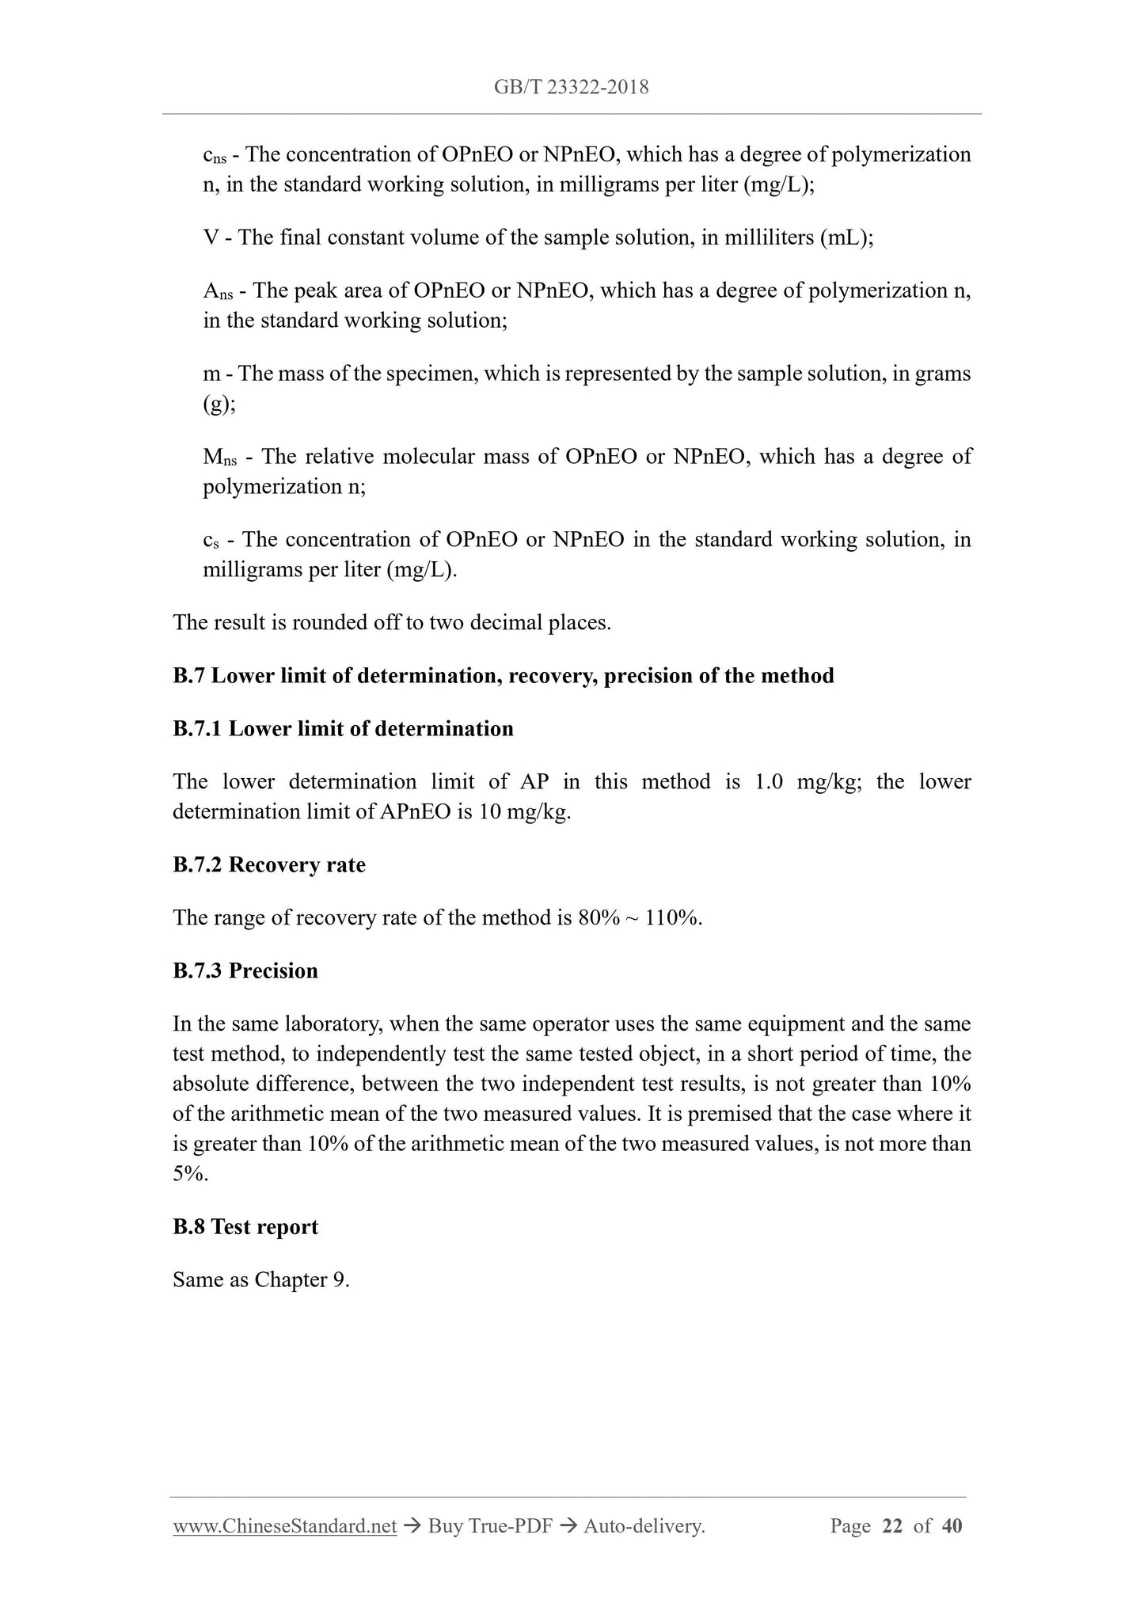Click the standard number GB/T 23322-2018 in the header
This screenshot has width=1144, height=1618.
571,87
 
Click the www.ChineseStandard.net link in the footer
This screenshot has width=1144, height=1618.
284,1525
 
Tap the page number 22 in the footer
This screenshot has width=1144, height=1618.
891,1525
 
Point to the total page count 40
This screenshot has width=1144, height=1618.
952,1525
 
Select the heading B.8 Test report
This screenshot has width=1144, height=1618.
245,1226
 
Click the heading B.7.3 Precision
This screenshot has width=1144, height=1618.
245,970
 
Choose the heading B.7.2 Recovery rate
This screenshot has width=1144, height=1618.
269,864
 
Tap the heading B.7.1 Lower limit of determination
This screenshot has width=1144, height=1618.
343,728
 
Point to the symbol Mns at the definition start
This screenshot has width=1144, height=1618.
219,458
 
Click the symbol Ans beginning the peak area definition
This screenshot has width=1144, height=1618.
218,292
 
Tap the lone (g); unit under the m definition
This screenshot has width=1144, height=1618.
219,404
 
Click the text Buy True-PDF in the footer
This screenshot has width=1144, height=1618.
489,1525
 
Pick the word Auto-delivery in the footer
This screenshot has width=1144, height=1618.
643,1525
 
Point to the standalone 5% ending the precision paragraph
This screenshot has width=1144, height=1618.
190,1174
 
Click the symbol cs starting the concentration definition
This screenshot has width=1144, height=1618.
210,541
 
